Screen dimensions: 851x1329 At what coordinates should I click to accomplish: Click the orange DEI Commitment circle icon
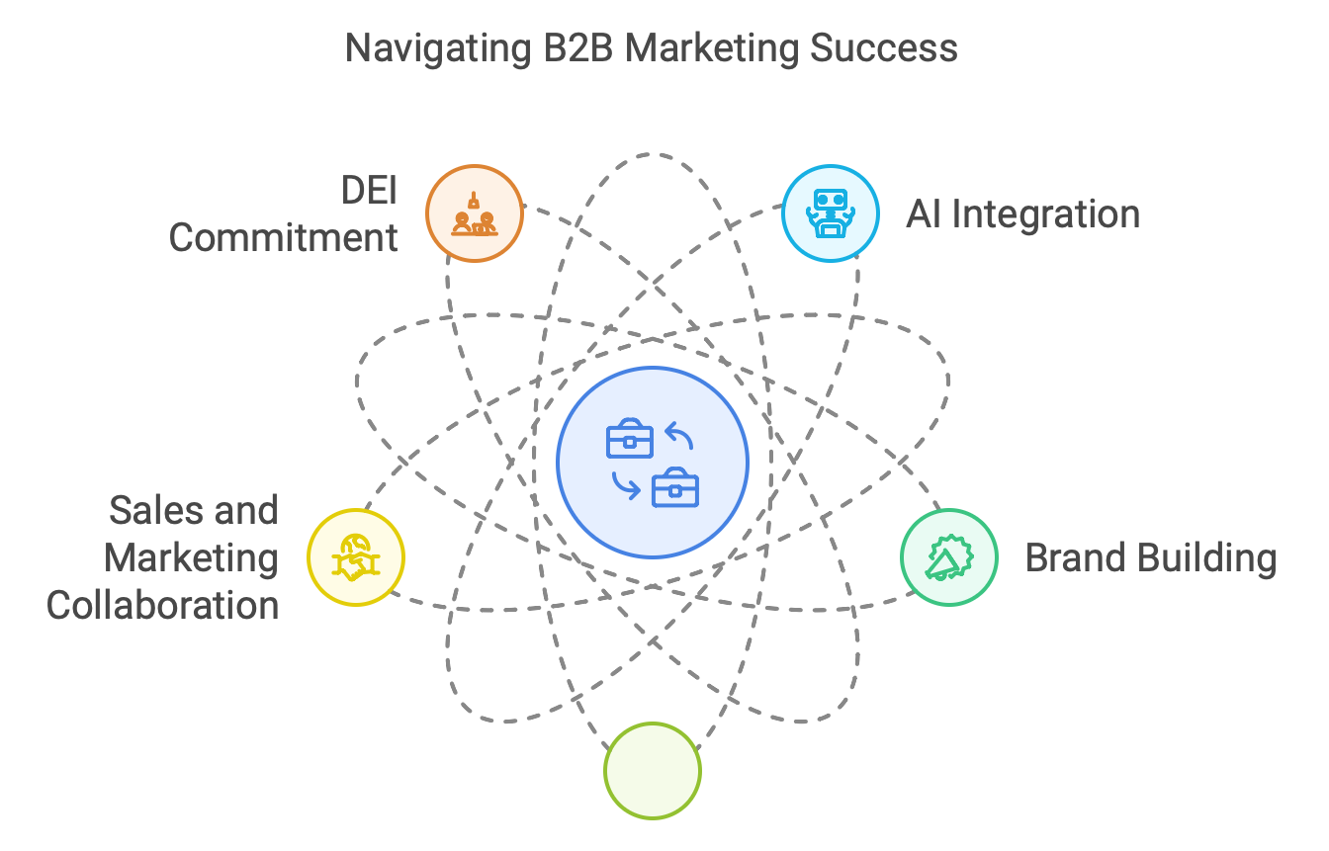pos(474,213)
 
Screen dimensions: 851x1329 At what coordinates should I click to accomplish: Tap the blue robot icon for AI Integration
pos(830,213)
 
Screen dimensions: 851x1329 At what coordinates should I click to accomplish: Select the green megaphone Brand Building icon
pos(948,557)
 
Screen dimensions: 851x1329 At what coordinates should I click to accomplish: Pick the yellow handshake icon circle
pos(356,557)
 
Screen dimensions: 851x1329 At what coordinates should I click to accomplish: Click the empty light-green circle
pos(652,770)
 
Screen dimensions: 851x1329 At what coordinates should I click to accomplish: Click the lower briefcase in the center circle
pos(675,486)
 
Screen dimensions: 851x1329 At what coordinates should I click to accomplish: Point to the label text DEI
pos(369,191)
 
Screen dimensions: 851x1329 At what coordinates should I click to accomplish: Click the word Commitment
pos(284,238)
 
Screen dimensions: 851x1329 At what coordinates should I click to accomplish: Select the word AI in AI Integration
pos(924,214)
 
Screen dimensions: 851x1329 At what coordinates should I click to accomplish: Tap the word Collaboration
pos(163,605)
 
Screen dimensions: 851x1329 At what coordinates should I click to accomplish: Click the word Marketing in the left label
pos(191,558)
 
